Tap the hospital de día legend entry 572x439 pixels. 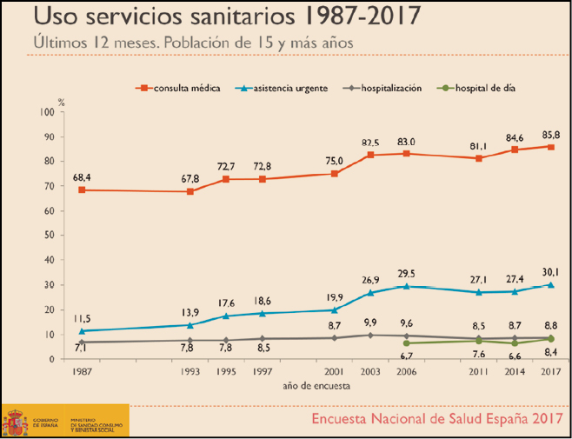[x=475, y=89]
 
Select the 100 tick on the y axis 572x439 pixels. [x=46, y=112]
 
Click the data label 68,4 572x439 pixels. [x=83, y=177]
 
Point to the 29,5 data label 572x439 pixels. [x=407, y=273]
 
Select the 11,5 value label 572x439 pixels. [x=82, y=319]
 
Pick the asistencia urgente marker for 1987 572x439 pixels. [x=82, y=331]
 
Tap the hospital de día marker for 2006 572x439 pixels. [x=406, y=343]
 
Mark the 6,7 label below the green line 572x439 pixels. [x=406, y=355]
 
